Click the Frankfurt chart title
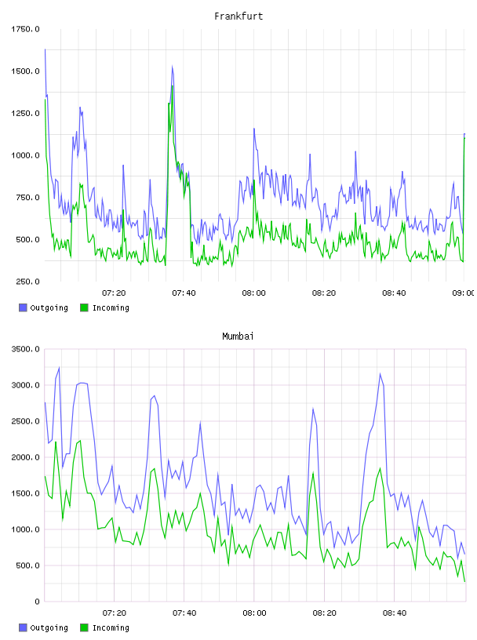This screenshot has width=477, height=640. pos(238,16)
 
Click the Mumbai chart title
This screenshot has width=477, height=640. pos(238,336)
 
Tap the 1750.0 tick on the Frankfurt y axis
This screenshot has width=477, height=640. pos(25,29)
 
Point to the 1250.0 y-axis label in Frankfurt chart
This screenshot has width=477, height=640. pos(25,113)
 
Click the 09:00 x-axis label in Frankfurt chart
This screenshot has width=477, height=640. pos(463,293)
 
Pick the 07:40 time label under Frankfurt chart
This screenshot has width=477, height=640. pos(184,293)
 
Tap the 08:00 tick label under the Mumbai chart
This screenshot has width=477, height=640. pos(254,613)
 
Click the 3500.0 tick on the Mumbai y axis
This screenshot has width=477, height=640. pos(25,349)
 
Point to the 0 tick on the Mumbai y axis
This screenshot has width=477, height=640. pos(37,602)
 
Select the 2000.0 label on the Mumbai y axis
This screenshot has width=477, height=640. pos(25,457)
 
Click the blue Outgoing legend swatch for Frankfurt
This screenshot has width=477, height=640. pos(23,307)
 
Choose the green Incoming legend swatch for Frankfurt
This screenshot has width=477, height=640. pos(84,307)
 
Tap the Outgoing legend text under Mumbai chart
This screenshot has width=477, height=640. pos(49,627)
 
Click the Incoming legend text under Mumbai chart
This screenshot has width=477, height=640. pos(111,627)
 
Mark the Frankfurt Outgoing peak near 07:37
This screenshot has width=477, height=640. pos(173,66)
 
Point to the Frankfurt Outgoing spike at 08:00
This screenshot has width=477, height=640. pos(254,129)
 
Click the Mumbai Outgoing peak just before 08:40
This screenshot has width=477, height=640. pos(381,373)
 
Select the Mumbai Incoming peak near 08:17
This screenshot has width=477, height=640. pos(313,473)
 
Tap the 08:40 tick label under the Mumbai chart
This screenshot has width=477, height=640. pos(395,613)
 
